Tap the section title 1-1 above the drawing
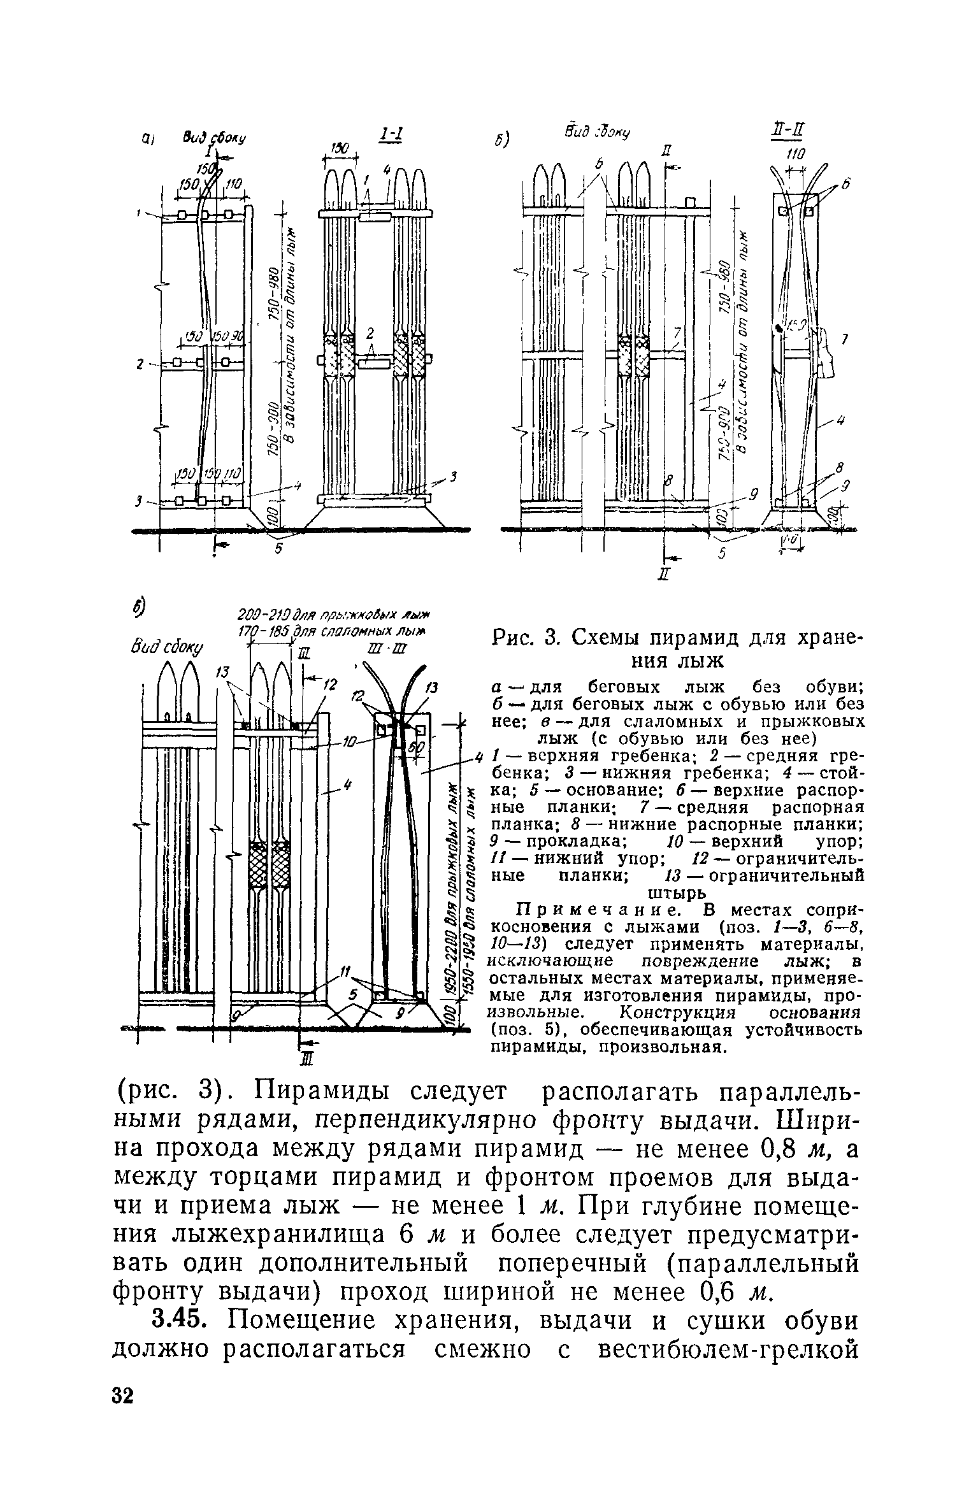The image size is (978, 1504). (x=389, y=134)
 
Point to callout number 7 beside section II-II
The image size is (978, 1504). (x=844, y=340)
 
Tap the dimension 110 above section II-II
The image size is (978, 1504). (x=795, y=154)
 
